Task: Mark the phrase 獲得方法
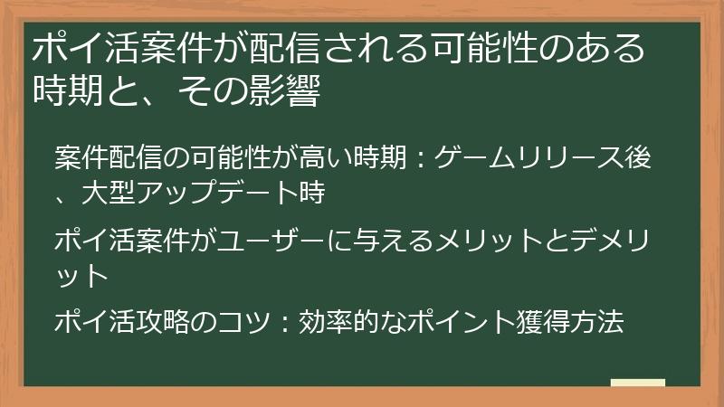570,322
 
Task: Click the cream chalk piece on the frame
637,383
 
